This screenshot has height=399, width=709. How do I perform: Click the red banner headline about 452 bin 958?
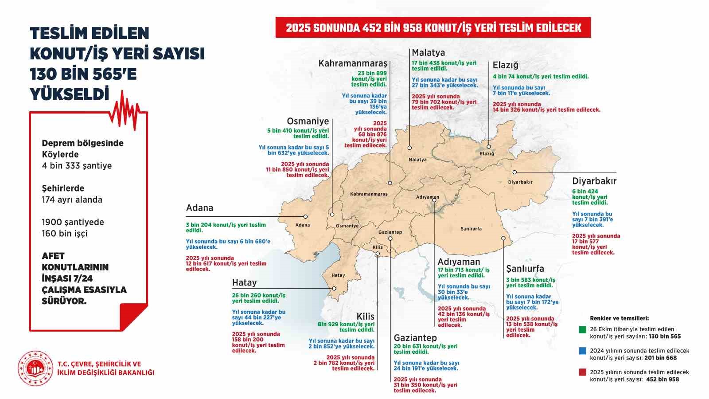click(x=433, y=28)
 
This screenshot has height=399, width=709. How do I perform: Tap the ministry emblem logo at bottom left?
click(x=35, y=368)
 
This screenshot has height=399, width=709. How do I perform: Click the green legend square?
click(x=583, y=329)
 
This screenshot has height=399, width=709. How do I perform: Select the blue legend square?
click(x=583, y=351)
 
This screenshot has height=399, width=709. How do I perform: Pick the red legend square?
click(x=583, y=372)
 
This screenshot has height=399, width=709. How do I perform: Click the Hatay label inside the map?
click(x=338, y=275)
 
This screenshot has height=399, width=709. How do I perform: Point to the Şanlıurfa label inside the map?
click(x=471, y=229)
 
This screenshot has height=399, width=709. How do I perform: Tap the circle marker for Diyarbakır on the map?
click(x=514, y=172)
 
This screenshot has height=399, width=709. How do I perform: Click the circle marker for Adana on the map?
click(x=305, y=216)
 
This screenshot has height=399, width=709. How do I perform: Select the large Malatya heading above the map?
click(x=428, y=53)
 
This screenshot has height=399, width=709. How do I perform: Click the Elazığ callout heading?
click(x=505, y=65)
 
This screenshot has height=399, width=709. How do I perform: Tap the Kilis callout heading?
click(x=366, y=317)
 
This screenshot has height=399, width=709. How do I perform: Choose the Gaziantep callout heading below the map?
click(x=415, y=338)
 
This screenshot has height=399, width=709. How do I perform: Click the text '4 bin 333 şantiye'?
click(x=77, y=166)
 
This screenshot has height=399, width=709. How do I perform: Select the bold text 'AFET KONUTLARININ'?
click(x=75, y=262)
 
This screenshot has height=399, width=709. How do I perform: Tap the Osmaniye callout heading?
click(x=308, y=121)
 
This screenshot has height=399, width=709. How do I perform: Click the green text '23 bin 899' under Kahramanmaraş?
click(x=372, y=73)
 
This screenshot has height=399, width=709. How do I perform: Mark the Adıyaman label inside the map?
click(x=428, y=197)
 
